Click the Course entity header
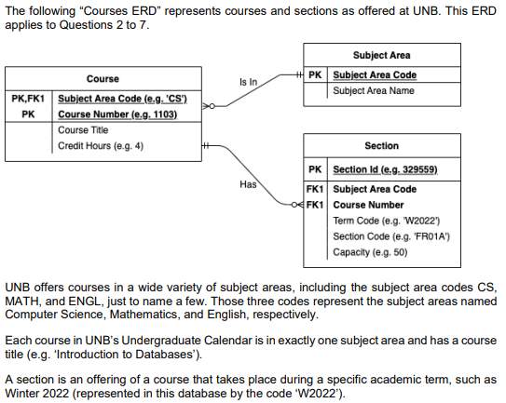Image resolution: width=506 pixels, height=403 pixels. [103, 79]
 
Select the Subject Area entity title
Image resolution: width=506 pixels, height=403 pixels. [381, 56]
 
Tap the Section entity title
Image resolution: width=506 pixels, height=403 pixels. [381, 146]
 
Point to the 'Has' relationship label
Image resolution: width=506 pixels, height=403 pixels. [248, 184]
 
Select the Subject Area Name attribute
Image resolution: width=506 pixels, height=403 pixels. [374, 90]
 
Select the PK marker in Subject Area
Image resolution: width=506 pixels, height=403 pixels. [315, 74]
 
